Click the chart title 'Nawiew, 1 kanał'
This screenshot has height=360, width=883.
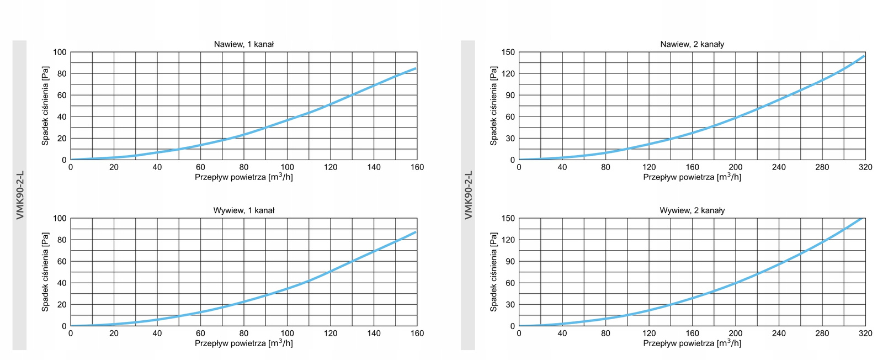coord(243,44)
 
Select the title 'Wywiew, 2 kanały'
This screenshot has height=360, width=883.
coord(692,210)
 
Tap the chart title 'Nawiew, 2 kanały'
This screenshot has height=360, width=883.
coord(692,44)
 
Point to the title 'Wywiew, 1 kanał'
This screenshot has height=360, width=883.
coord(243,210)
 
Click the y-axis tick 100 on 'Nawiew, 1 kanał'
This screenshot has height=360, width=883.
coord(60,52)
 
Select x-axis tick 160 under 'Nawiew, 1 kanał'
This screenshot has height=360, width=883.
coord(417,167)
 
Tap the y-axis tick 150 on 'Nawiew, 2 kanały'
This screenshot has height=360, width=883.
coord(508,52)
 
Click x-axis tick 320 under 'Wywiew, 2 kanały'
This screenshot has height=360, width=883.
coord(865,333)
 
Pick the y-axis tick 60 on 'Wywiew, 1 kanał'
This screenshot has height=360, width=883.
coord(62,262)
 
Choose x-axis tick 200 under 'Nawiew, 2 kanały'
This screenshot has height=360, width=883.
coord(736,167)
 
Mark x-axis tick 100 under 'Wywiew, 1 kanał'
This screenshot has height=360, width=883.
coord(287,333)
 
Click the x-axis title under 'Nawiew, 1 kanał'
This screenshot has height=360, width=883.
coord(243,177)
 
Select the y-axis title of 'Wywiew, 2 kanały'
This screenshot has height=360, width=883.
coord(493,272)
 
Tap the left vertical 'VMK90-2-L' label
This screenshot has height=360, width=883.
coord(20,195)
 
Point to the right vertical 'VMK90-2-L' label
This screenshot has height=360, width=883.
coord(469,195)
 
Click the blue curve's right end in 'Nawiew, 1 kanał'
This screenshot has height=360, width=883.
coord(416,68)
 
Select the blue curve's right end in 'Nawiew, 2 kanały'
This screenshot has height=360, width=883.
coord(864,56)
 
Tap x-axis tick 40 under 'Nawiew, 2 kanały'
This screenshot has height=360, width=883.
coord(562,167)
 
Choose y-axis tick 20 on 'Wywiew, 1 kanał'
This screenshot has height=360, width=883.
coord(62,305)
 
